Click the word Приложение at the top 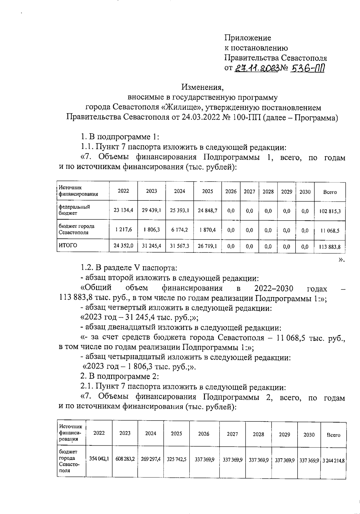coord(247,38)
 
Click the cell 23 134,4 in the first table coord(123,210)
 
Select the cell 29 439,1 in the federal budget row coord(151,210)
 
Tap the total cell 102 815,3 coord(330,211)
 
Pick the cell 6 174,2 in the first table coord(179,230)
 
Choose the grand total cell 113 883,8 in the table coord(330,247)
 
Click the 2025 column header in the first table coord(207,191)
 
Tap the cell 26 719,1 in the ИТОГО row coord(207,246)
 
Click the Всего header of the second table coord(333,435)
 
